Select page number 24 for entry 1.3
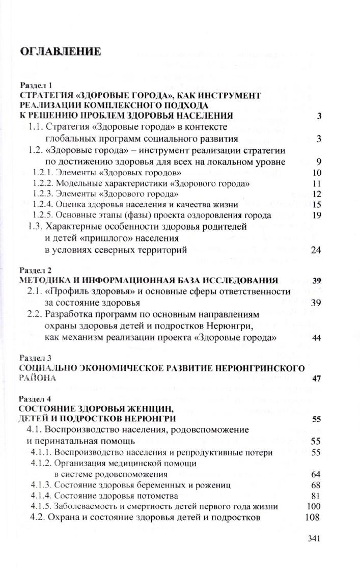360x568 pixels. [x=315, y=250]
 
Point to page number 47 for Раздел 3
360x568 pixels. [x=315, y=378]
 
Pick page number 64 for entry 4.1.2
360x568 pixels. [x=315, y=474]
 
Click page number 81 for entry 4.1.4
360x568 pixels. [x=315, y=495]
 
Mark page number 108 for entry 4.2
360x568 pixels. [x=313, y=517]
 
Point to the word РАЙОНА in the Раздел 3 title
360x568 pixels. [x=36, y=378]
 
